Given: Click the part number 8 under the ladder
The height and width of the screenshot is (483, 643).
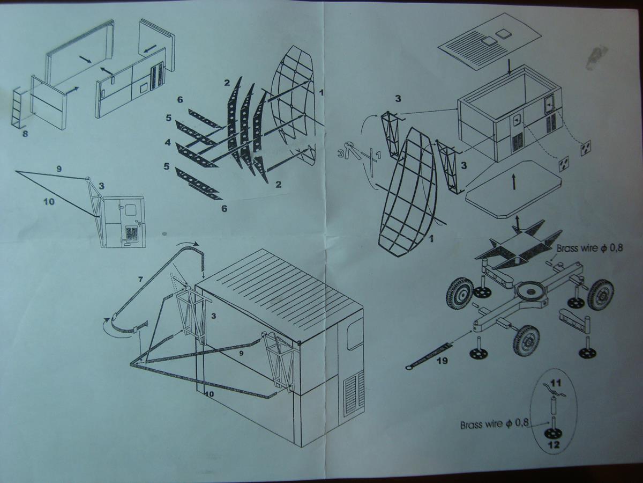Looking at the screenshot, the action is [x=26, y=134].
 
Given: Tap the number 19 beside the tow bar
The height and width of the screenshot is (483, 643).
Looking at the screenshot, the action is [x=443, y=360].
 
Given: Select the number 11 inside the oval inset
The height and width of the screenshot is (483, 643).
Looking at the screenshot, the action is [x=556, y=383].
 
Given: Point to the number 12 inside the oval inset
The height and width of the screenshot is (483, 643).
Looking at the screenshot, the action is [x=552, y=445].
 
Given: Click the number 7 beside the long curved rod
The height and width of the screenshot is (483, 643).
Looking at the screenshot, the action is [x=140, y=280].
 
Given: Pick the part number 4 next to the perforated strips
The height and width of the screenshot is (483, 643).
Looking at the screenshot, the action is [x=168, y=143].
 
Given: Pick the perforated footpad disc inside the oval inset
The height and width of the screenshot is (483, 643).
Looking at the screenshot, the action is [x=552, y=434].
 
